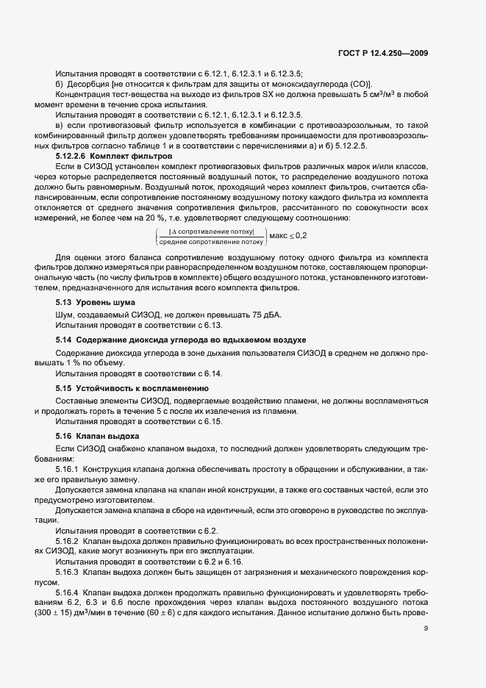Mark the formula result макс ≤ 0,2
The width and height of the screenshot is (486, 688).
click(289, 235)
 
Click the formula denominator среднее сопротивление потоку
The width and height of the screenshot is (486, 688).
click(211, 240)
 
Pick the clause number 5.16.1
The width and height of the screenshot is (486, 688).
click(67, 468)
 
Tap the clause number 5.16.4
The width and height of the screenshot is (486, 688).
click(67, 591)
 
